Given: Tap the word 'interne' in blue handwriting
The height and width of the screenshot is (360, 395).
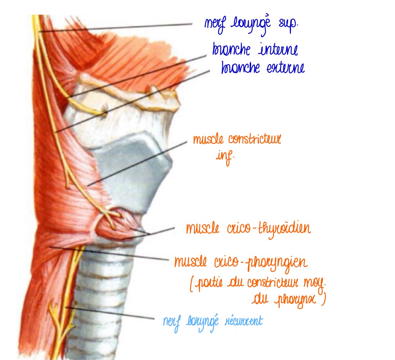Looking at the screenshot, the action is pyautogui.click(x=278, y=50).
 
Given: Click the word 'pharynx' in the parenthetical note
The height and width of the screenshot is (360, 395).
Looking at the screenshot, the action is pyautogui.click(x=300, y=301).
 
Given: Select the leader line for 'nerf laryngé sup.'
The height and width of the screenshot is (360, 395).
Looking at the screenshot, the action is pyautogui.click(x=115, y=28).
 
